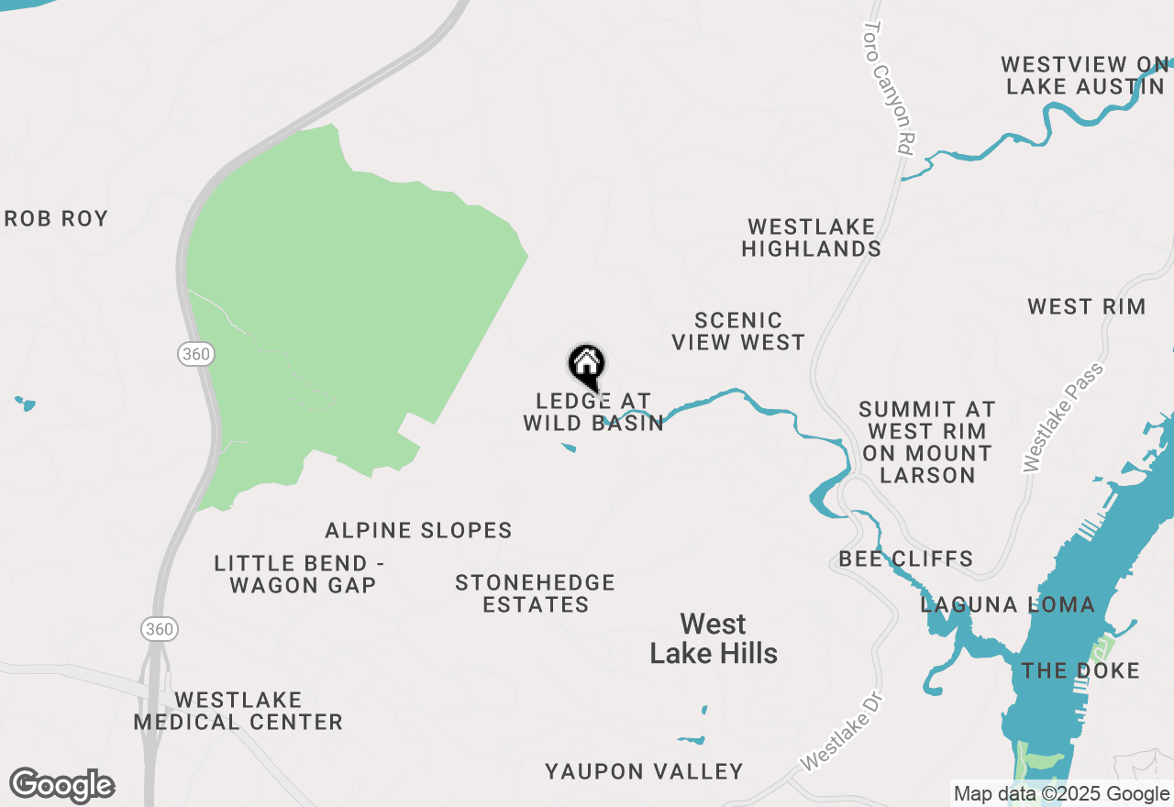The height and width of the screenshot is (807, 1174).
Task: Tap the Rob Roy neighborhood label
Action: point(57,219)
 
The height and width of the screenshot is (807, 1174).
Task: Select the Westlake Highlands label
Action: point(811,238)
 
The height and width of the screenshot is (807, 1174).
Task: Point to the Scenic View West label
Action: point(738,331)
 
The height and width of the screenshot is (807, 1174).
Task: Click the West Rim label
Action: point(1086,307)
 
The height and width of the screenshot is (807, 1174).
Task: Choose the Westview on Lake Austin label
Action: point(1085,76)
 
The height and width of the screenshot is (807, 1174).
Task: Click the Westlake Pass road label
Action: point(1064,417)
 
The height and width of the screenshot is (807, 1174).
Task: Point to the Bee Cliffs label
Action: point(905,559)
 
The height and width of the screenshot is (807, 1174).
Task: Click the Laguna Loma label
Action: point(1007,605)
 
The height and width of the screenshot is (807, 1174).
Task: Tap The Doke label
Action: point(1080,671)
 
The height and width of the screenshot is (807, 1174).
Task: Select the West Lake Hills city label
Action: point(714,639)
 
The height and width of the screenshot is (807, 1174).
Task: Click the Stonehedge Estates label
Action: point(535,593)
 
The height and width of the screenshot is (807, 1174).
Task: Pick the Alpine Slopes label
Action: point(418,531)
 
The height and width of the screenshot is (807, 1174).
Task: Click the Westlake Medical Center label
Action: point(238,712)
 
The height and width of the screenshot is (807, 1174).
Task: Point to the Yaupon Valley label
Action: point(644,772)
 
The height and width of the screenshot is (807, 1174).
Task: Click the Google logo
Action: point(62,785)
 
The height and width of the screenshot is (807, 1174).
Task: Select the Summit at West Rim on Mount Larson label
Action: point(926,442)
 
